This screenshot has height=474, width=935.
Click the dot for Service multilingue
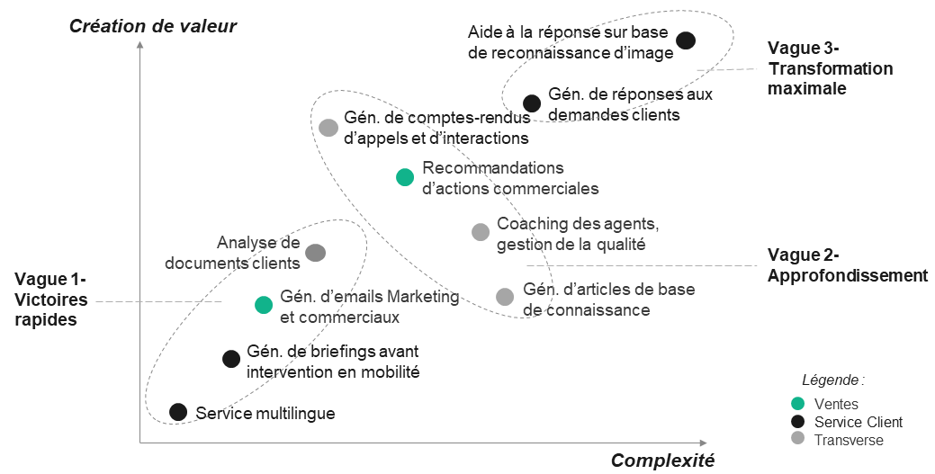tap(178, 412)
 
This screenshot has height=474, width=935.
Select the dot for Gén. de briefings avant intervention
tap(231, 359)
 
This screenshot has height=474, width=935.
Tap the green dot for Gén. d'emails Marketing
tap(264, 305)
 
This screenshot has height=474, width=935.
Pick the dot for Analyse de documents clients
tap(315, 253)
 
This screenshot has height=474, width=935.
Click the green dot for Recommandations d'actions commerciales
tap(405, 177)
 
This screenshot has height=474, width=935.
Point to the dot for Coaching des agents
tap(481, 232)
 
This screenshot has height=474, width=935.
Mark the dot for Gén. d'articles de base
tap(505, 297)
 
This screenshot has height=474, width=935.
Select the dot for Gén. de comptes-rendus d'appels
tap(328, 127)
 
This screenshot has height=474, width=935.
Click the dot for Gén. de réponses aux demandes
tap(532, 103)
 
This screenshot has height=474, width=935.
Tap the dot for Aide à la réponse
tap(686, 40)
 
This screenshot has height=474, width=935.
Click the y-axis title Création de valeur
tap(153, 26)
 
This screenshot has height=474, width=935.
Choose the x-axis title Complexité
tap(662, 461)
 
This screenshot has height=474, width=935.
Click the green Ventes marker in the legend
tap(797, 404)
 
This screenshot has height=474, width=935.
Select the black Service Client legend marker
tap(797, 422)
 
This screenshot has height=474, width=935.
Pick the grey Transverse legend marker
tap(797, 440)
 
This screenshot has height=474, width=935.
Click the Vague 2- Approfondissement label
tap(847, 265)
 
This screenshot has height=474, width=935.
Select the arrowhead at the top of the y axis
tap(140, 43)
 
